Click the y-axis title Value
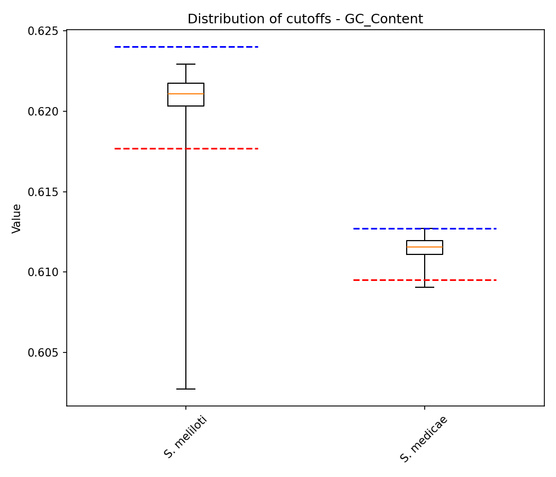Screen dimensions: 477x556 click(x=17, y=218)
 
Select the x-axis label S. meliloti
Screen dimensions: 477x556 click(x=185, y=437)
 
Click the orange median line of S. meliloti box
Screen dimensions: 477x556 click(x=186, y=94)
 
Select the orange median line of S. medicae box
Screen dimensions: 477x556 click(x=425, y=247)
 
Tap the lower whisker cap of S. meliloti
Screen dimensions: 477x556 click(x=186, y=389)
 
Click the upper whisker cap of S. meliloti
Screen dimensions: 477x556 click(x=186, y=64)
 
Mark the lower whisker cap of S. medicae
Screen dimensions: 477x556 click(x=425, y=287)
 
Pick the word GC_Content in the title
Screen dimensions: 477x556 click(x=384, y=20)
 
